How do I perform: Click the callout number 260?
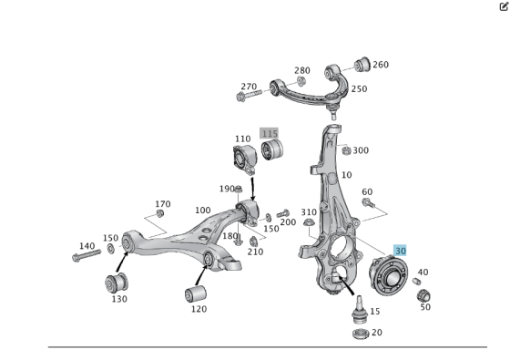point(380,65)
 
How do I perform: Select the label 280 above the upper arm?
point(301,70)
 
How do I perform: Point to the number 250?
point(359,88)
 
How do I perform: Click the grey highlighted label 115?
point(269,133)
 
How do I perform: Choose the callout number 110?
point(242,139)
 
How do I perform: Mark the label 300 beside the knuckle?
point(361,150)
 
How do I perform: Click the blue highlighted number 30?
point(400,250)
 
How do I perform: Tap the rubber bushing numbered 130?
point(118,280)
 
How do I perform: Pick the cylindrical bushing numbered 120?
point(195,294)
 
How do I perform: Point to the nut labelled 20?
point(359,334)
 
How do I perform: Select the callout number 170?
point(163,203)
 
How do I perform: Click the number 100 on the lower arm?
point(202,211)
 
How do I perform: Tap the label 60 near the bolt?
point(367,191)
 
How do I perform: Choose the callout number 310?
point(309,212)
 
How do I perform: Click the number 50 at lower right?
point(425,307)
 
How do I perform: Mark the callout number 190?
point(227,189)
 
